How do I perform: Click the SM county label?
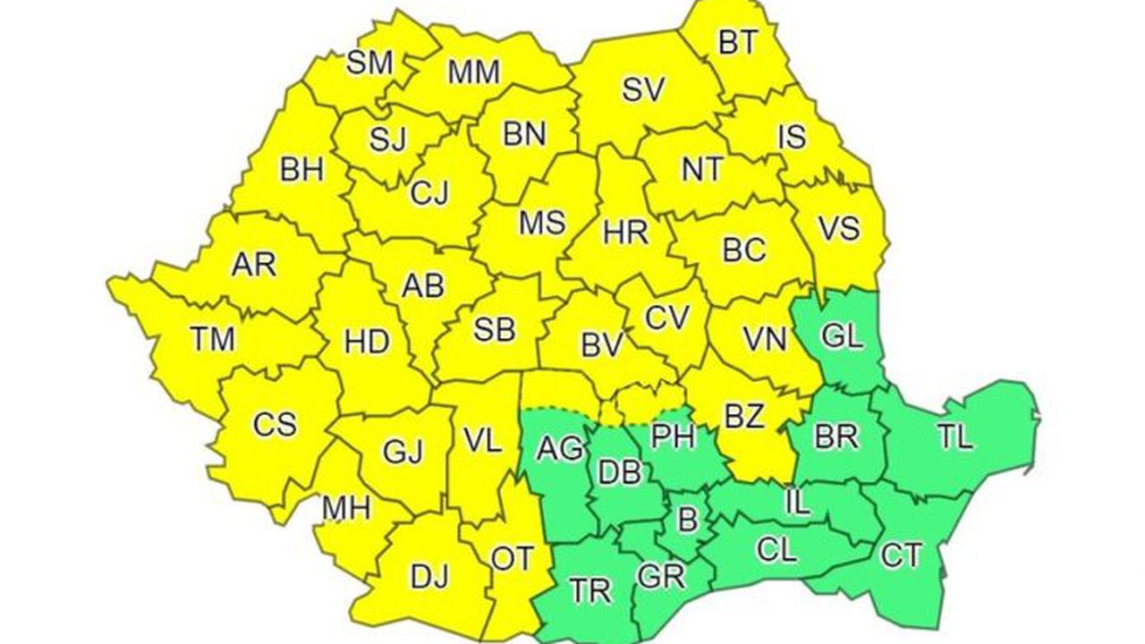click(369, 63)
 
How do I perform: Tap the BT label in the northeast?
click(738, 43)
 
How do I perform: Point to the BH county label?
click(301, 170)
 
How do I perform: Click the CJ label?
click(429, 193)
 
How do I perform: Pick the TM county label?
click(212, 339)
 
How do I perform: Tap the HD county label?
click(366, 342)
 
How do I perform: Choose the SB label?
click(494, 330)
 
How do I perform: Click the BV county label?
click(601, 346)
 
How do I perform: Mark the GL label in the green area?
click(842, 337)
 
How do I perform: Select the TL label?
click(954, 437)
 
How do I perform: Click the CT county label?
click(900, 555)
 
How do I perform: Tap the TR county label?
click(591, 589)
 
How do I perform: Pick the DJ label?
click(429, 577)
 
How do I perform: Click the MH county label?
click(346, 508)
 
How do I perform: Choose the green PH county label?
click(673, 436)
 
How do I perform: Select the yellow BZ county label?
click(743, 416)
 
